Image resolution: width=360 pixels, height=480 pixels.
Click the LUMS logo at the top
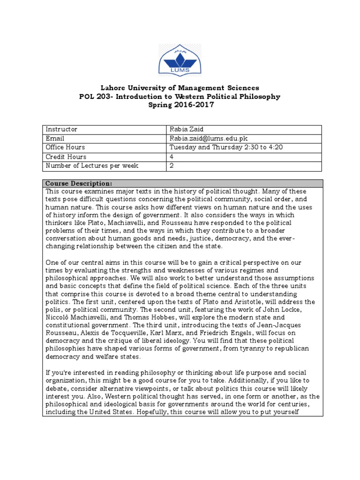click(180, 59)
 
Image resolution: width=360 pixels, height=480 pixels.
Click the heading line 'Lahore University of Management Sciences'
click(180, 88)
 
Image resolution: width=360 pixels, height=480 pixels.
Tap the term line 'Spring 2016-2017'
click(180, 105)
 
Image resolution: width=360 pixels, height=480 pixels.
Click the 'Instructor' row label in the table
click(61, 129)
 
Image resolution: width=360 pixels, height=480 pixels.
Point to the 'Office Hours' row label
click(65, 148)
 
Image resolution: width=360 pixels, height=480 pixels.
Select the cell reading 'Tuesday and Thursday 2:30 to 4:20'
click(226, 148)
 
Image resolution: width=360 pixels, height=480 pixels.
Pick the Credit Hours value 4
click(172, 157)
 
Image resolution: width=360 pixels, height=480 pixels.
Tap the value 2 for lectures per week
click(172, 166)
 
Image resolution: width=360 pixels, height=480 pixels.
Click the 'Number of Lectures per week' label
click(91, 166)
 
